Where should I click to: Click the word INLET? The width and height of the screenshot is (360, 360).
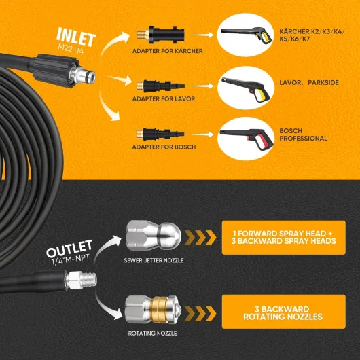tap(76, 37)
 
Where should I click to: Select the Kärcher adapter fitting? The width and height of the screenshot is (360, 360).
tap(160, 35)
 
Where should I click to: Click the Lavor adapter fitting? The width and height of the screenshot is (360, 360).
tap(160, 86)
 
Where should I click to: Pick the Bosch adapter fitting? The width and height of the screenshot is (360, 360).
tap(160, 134)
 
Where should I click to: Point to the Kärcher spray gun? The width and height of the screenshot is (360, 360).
tap(247, 35)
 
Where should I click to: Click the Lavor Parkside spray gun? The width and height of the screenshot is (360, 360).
tap(246, 88)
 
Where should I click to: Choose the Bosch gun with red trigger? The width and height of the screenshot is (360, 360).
tap(247, 138)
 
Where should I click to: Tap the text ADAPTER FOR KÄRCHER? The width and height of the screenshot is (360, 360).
tap(167, 51)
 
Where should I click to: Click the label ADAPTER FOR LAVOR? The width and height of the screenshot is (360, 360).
tap(164, 99)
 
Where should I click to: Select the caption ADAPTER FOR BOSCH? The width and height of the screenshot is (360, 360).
tap(164, 147)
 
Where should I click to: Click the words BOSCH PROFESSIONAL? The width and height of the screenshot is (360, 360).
tap(303, 134)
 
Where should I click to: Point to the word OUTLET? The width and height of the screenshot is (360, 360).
tap(69, 249)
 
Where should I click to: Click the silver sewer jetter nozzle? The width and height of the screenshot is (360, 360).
tap(154, 236)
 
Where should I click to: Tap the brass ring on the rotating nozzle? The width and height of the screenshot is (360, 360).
tap(159, 310)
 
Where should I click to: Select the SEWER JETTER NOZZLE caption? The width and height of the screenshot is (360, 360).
tap(154, 260)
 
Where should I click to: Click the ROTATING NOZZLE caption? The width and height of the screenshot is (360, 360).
tap(152, 333)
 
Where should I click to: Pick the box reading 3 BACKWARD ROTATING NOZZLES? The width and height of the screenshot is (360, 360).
tap(283, 312)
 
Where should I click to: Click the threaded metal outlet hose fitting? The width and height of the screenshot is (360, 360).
tap(81, 280)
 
